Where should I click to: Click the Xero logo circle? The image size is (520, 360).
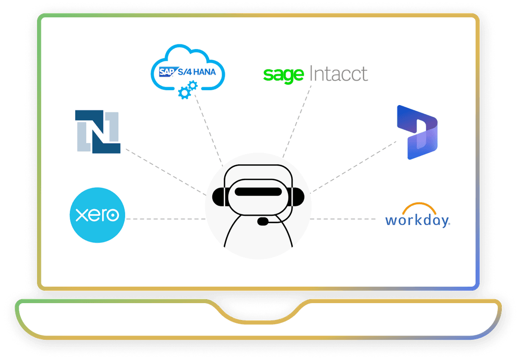[x=97, y=215]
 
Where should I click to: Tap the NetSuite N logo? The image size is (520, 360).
[x=98, y=132]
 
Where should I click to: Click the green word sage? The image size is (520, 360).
[x=284, y=75]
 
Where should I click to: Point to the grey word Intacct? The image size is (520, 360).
[x=338, y=74]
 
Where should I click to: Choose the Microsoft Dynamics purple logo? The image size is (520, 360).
[x=417, y=132]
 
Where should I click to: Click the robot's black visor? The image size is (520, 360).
[x=258, y=191]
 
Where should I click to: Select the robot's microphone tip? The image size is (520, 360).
[x=263, y=221]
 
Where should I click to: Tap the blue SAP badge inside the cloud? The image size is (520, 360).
[x=166, y=72]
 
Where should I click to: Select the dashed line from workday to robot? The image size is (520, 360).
[x=343, y=219]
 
